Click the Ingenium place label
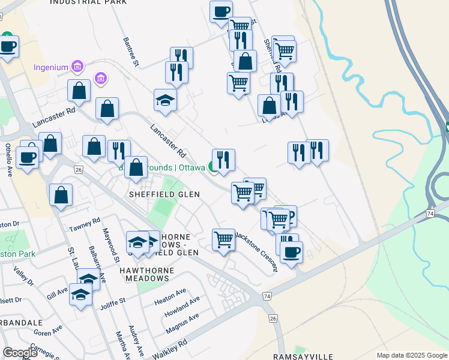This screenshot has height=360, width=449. point(51,66)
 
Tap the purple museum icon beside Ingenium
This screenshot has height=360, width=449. point(77,65)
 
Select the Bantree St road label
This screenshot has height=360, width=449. point(131,52)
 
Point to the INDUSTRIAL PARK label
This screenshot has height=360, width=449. point(88,2)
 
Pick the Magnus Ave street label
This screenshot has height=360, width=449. point(181,325)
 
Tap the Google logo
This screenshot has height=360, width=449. point(20,353)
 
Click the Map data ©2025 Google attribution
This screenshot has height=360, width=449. point(411,355)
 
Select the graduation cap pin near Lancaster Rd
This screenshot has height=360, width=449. point(166,100)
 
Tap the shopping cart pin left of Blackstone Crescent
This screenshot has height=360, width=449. point(223,239)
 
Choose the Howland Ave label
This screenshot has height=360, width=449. point(183,308)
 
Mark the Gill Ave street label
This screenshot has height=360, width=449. point(58,292)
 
